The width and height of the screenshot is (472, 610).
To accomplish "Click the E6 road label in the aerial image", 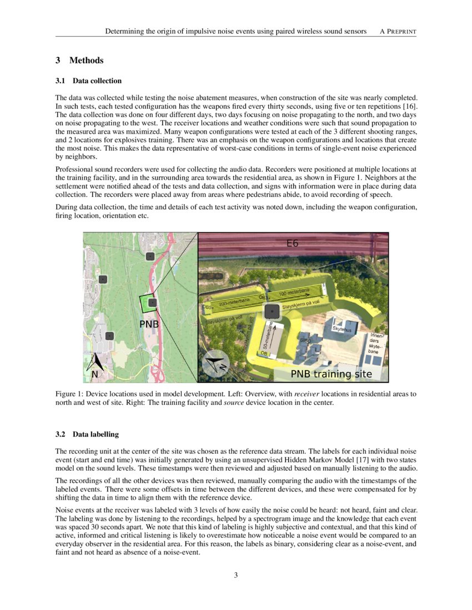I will pos(292,243).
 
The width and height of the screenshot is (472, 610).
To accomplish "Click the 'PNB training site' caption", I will pos(331,374).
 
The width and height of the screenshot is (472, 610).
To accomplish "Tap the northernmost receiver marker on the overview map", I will pos(149,256).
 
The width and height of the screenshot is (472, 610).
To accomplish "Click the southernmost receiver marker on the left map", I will pos(110,335).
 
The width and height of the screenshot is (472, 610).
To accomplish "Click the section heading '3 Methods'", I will pos(79,60).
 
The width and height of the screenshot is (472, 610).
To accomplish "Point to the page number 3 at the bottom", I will pos(236,575).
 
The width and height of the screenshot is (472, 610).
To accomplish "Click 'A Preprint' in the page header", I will pos(398,32).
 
